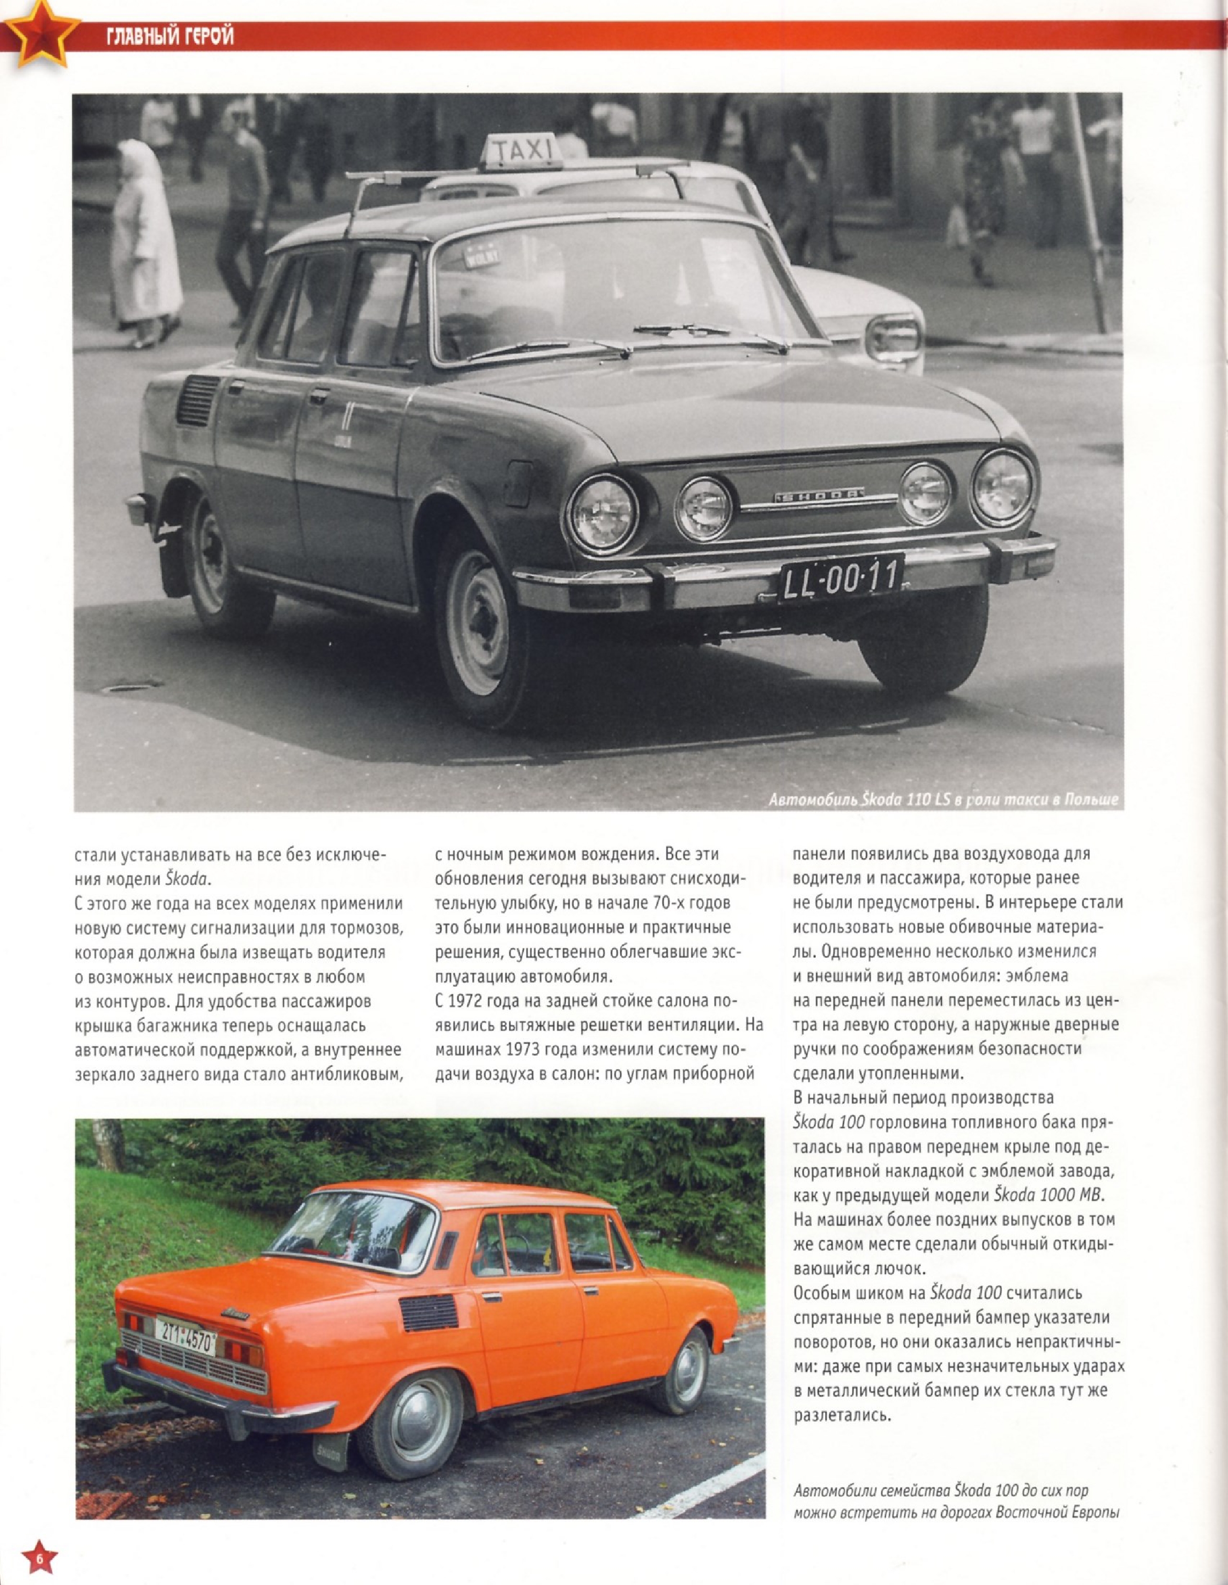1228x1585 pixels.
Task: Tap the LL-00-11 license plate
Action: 840,578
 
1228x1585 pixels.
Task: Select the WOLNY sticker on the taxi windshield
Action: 480,256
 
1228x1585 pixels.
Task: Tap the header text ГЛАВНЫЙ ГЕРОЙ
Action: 171,36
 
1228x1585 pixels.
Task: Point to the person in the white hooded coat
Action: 145,243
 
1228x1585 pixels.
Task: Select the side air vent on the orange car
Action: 428,1312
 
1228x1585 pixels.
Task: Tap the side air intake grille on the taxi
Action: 196,401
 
